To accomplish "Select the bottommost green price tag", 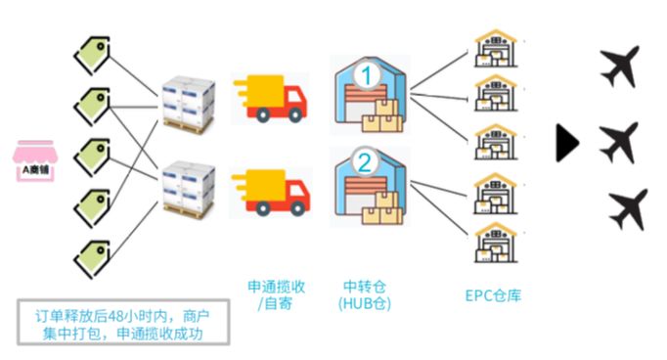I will coord(91,255).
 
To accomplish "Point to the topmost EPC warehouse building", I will coord(494,50).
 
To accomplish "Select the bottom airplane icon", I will coord(627,209).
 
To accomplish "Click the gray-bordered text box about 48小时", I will coord(123,322).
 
